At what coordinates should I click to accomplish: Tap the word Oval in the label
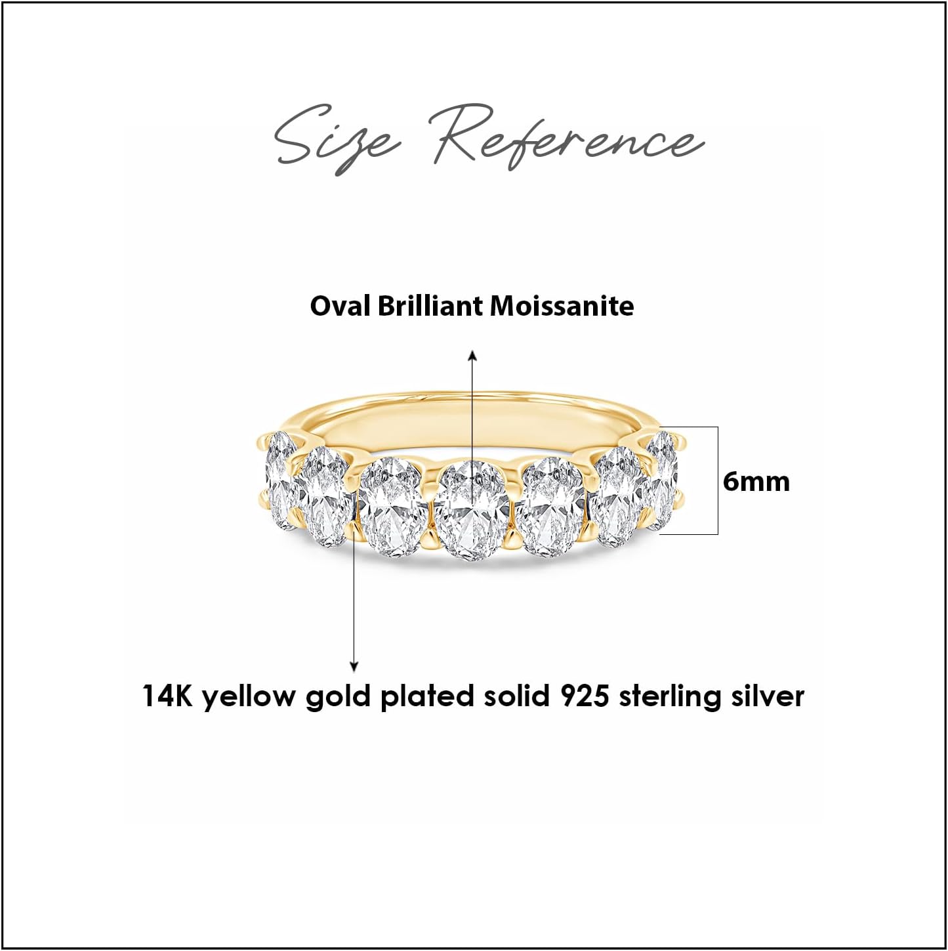click(x=340, y=306)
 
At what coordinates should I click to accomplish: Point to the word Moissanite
click(x=575, y=306)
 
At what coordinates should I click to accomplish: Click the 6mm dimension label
click(x=756, y=482)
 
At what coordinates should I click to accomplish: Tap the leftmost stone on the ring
click(x=280, y=480)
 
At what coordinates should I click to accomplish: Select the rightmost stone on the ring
click(x=661, y=478)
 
